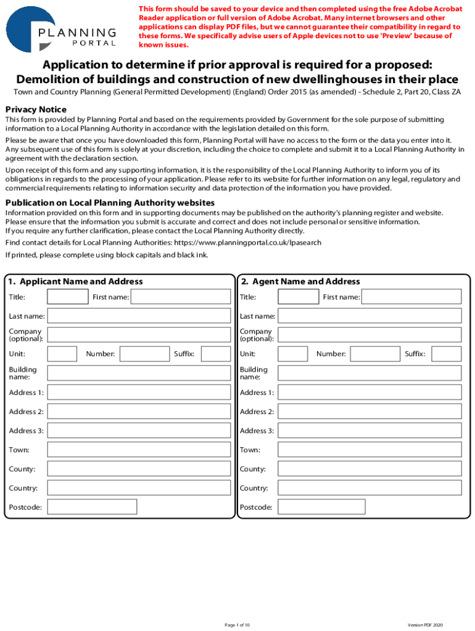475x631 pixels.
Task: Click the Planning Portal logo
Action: (62, 29)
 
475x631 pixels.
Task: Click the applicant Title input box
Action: (68, 297)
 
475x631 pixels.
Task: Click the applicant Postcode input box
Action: (92, 507)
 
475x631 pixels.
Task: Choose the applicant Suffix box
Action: (216, 354)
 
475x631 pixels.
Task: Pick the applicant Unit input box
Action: (62, 354)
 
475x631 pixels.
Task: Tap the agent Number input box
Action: (375, 354)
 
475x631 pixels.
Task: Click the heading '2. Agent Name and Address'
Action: (300, 282)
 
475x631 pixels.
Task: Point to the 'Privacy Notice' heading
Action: (36, 109)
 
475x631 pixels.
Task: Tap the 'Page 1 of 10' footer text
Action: (238, 625)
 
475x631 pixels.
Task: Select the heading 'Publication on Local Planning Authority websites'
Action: (110, 203)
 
